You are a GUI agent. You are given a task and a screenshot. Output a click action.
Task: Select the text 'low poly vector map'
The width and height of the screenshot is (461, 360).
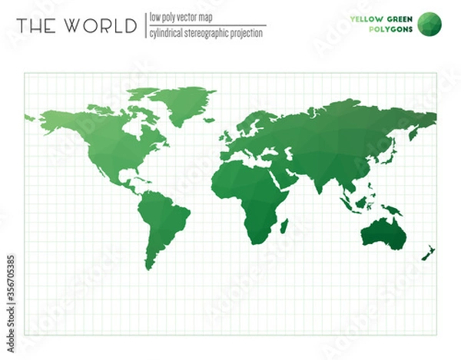181,17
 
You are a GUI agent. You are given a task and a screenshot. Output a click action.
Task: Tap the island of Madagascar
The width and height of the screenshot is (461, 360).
284,224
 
